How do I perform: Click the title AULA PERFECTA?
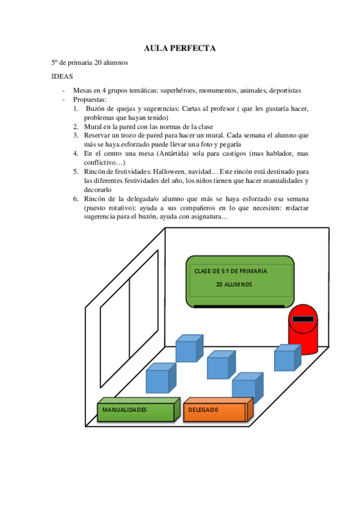point(180,48)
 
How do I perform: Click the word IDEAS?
point(63,76)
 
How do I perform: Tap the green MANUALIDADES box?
point(136,410)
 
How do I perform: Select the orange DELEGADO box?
point(215,410)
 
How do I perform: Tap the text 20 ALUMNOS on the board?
point(234,284)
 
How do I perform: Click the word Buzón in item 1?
point(97,109)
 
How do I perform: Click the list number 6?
point(76,198)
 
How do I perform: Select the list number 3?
point(76,136)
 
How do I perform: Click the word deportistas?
point(285,91)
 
